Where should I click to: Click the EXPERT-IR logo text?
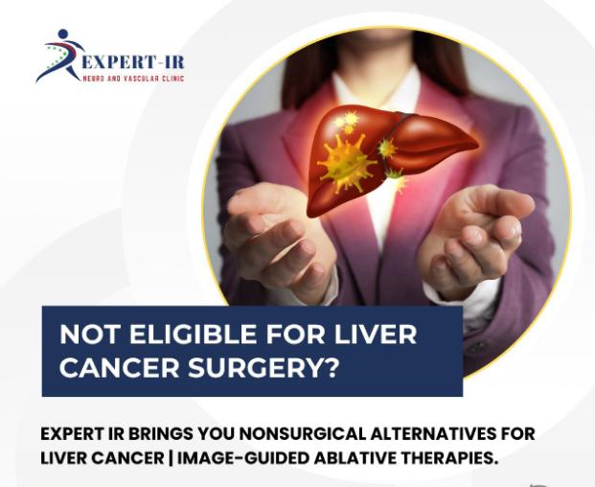coord(133,61)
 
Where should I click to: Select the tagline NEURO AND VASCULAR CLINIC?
coord(133,79)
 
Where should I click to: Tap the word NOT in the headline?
coord(90,335)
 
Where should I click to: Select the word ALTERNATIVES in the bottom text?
coord(433,434)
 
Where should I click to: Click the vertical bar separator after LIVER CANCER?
coord(171,458)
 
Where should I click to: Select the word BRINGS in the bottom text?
coord(161,434)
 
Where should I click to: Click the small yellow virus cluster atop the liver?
coord(347,122)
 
